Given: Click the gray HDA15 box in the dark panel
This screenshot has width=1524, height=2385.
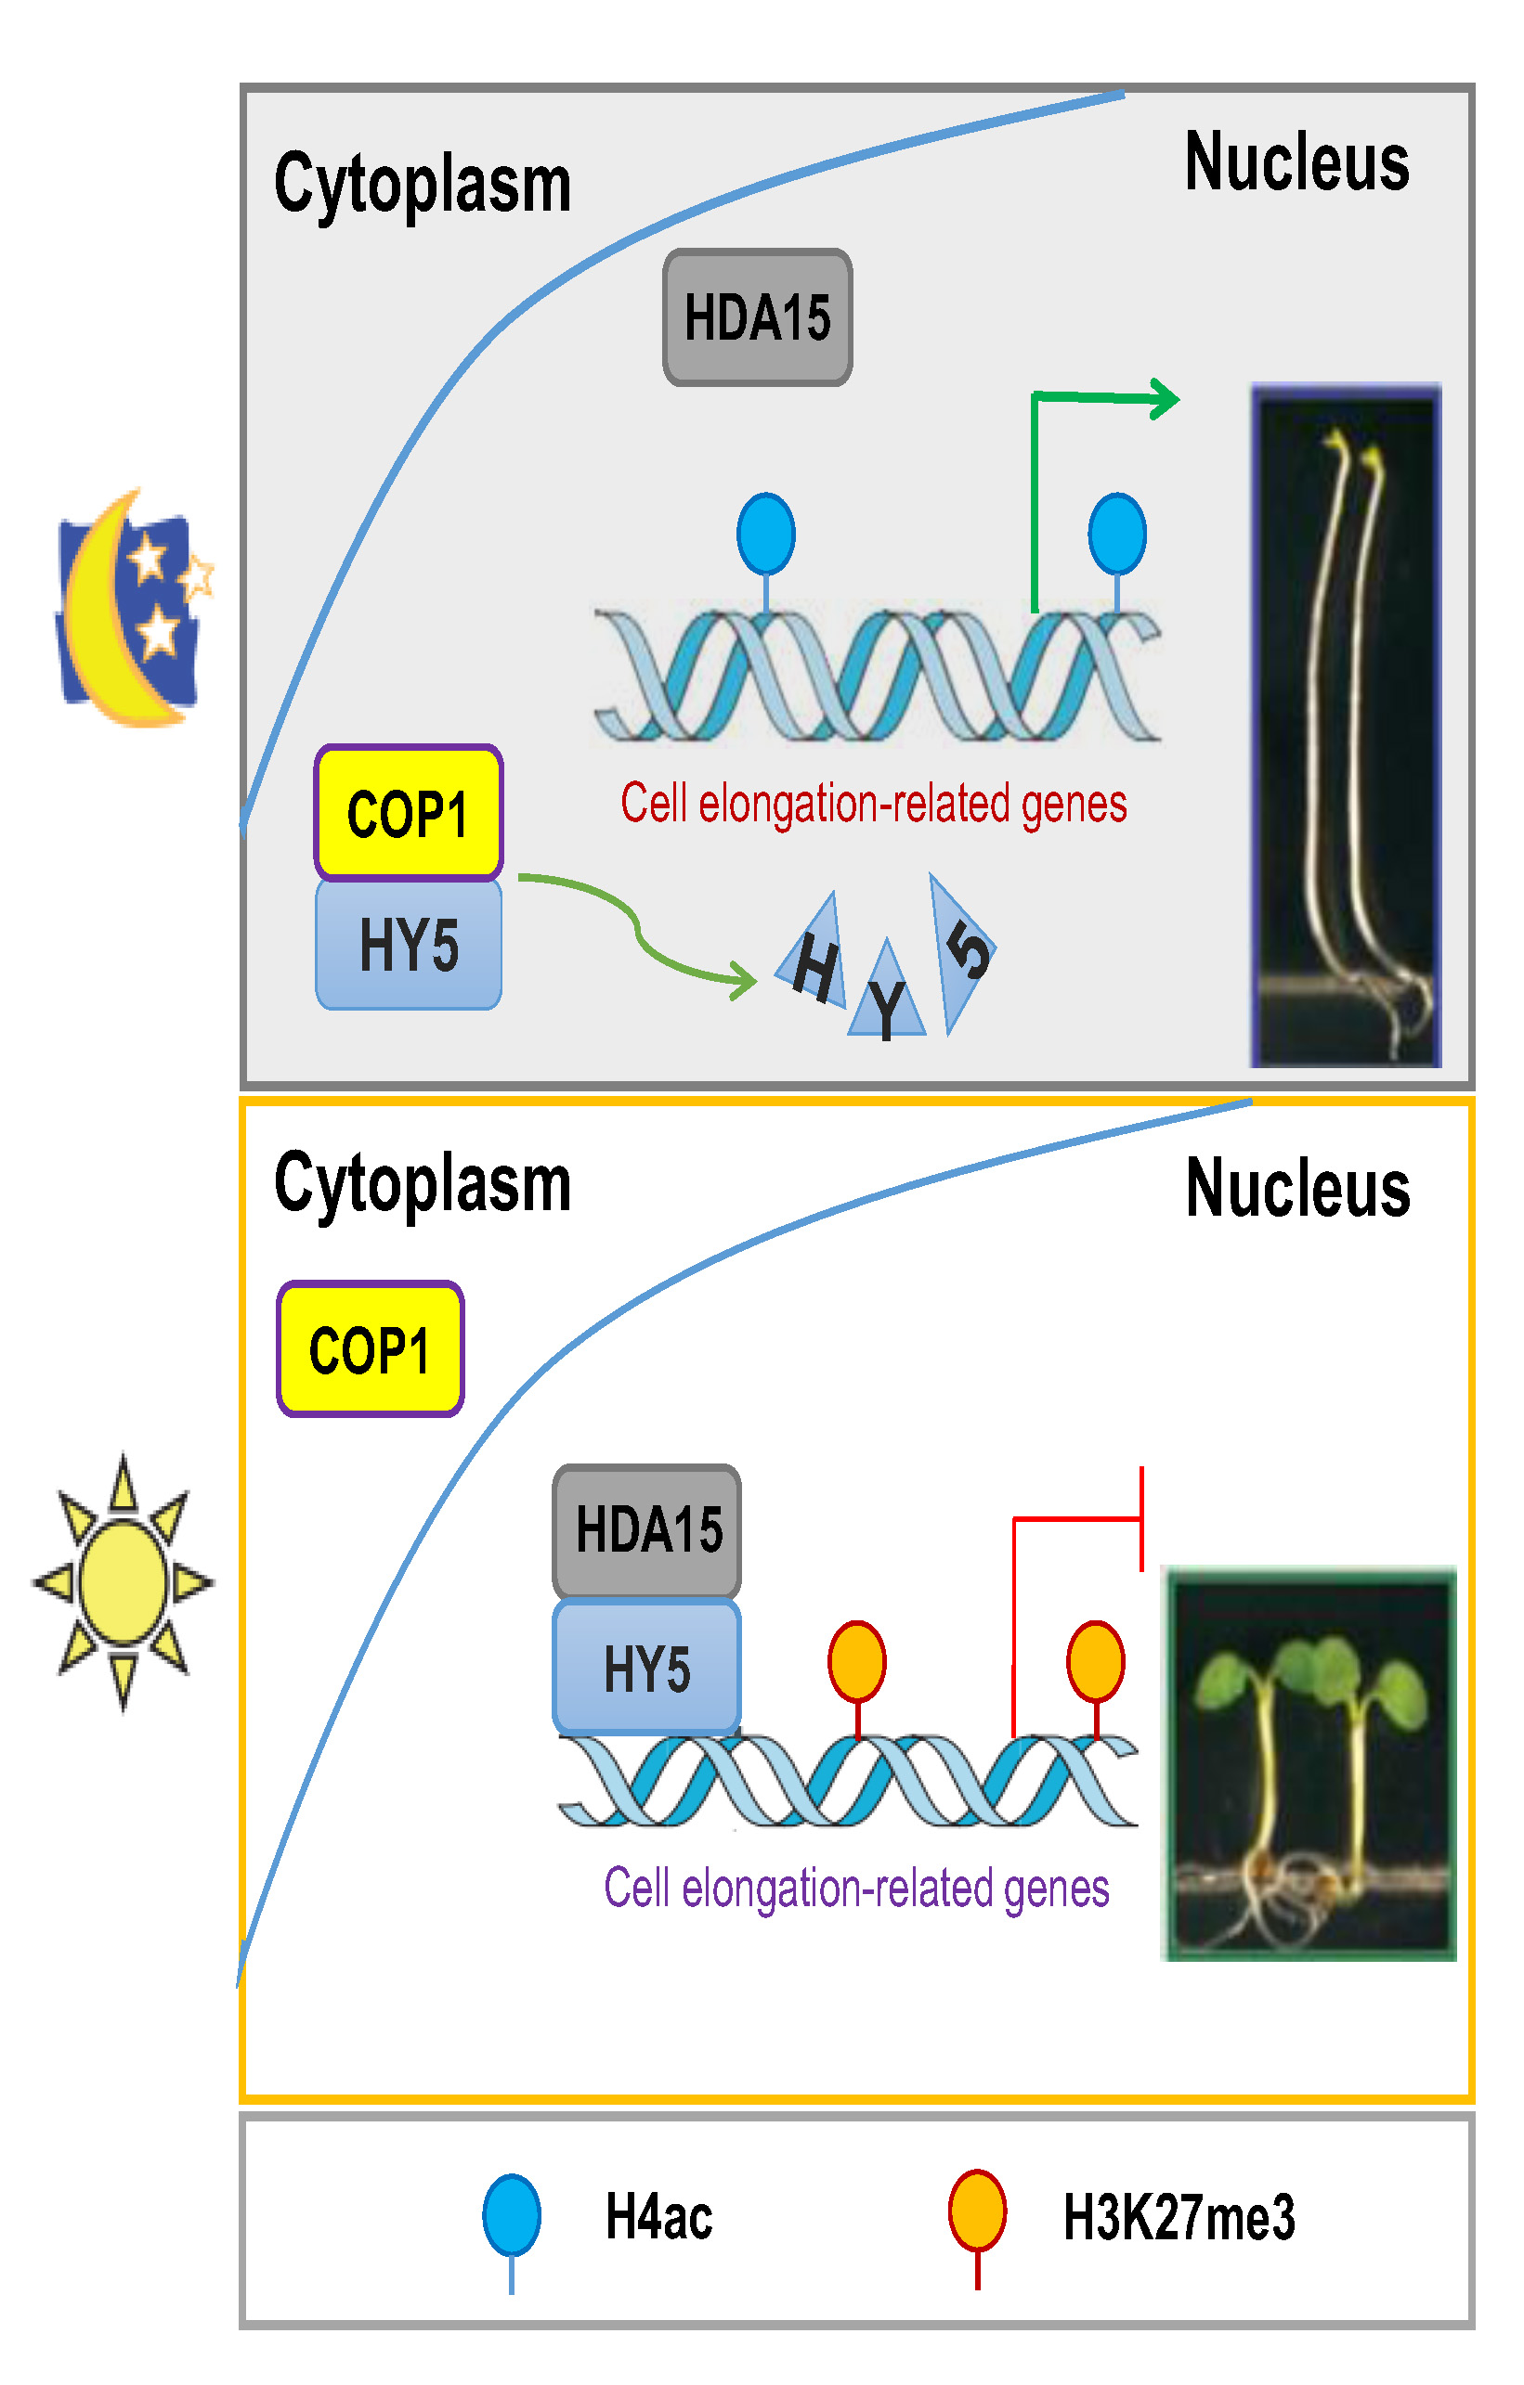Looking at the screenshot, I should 757,317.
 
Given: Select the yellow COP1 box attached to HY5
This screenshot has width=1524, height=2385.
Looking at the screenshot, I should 409,813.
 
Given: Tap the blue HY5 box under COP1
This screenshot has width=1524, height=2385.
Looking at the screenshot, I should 409,944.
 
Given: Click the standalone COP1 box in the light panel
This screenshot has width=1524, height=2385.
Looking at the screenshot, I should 370,1350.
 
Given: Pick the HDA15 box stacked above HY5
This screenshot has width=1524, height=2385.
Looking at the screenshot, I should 647,1530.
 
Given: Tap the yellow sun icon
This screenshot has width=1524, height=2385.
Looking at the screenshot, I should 123,1583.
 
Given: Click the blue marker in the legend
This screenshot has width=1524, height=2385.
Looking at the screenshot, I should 512,2217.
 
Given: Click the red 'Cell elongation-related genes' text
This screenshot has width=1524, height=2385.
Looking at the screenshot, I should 873,804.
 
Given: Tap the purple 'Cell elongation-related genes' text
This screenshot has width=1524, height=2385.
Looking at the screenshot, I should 856,1888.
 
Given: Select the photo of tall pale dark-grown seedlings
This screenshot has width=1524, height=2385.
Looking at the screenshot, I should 1346,726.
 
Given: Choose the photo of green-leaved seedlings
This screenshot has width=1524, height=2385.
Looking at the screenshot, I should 1308,1764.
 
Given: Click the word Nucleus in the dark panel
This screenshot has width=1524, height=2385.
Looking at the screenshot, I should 1296,162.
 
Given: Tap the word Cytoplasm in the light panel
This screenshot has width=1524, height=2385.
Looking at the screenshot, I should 423,1183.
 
